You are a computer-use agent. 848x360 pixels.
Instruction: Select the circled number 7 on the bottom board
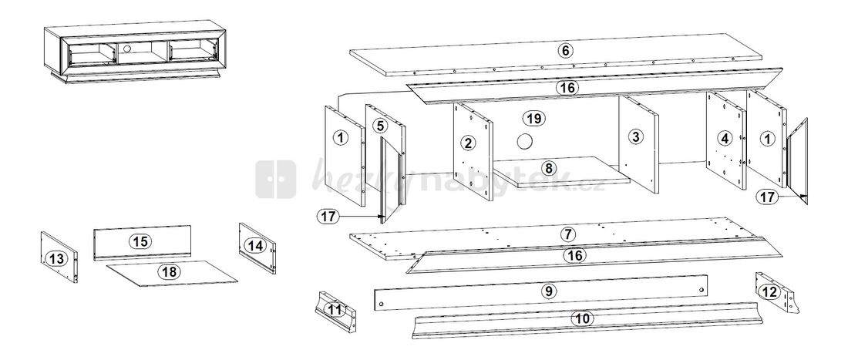tap(568, 234)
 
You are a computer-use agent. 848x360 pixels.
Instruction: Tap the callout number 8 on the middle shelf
tap(549, 168)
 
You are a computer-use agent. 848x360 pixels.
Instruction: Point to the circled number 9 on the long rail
tap(548, 291)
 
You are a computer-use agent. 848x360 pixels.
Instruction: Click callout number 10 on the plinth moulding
tap(582, 318)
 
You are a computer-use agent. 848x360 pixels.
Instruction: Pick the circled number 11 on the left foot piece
tap(335, 310)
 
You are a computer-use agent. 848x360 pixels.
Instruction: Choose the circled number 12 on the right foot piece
tap(769, 292)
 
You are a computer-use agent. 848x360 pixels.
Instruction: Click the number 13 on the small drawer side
tap(57, 259)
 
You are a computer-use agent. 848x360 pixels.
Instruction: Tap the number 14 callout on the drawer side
tap(256, 245)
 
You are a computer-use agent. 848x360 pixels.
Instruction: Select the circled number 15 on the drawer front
tap(140, 241)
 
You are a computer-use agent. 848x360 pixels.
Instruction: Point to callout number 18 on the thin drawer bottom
tap(170, 271)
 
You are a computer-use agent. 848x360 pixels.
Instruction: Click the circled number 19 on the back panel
tap(534, 118)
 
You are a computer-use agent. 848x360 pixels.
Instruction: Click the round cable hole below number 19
tap(524, 142)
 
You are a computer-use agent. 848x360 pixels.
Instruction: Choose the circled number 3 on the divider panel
tap(636, 136)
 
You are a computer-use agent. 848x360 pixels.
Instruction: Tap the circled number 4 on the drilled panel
tap(724, 139)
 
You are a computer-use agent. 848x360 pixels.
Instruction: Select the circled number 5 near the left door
tap(380, 126)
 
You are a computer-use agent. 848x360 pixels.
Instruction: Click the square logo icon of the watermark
tap(276, 180)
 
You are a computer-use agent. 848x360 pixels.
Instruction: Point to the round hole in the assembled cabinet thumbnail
tap(127, 49)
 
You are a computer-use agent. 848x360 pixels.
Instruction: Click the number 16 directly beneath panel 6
tap(567, 88)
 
